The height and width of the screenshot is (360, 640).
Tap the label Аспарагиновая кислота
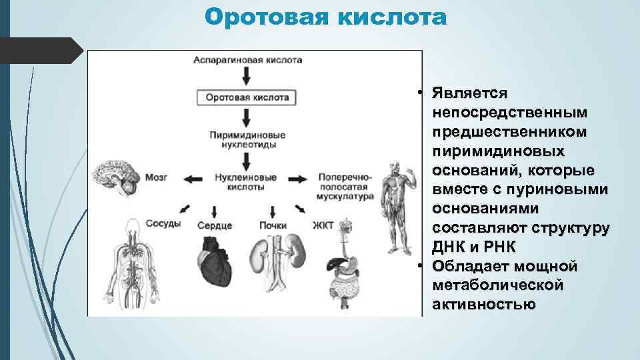[x=247, y=59]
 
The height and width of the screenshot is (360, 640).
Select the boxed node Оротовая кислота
[x=247, y=97]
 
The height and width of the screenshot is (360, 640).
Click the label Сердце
[x=215, y=225]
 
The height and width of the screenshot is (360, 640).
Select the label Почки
[x=273, y=225]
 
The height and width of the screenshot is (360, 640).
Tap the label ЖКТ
[x=323, y=225]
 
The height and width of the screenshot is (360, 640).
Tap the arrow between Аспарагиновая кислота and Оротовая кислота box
[x=247, y=76]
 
